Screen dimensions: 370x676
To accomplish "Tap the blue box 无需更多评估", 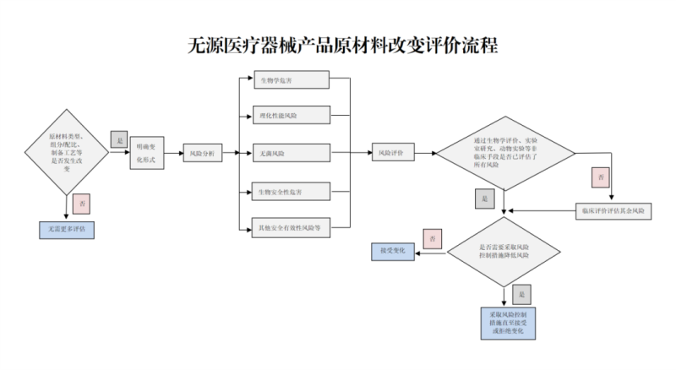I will pos(67,229).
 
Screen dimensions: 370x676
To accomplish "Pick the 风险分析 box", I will pos(201,154).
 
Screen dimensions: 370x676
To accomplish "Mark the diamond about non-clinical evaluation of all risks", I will pos(505,153).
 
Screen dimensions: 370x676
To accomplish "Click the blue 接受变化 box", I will pos(393,251).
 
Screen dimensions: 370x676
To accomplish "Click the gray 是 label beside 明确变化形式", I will pos(118,139).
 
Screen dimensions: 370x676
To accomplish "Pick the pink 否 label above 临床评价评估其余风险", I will pos(601,178).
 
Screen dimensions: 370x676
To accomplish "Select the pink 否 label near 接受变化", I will pos(433,238).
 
